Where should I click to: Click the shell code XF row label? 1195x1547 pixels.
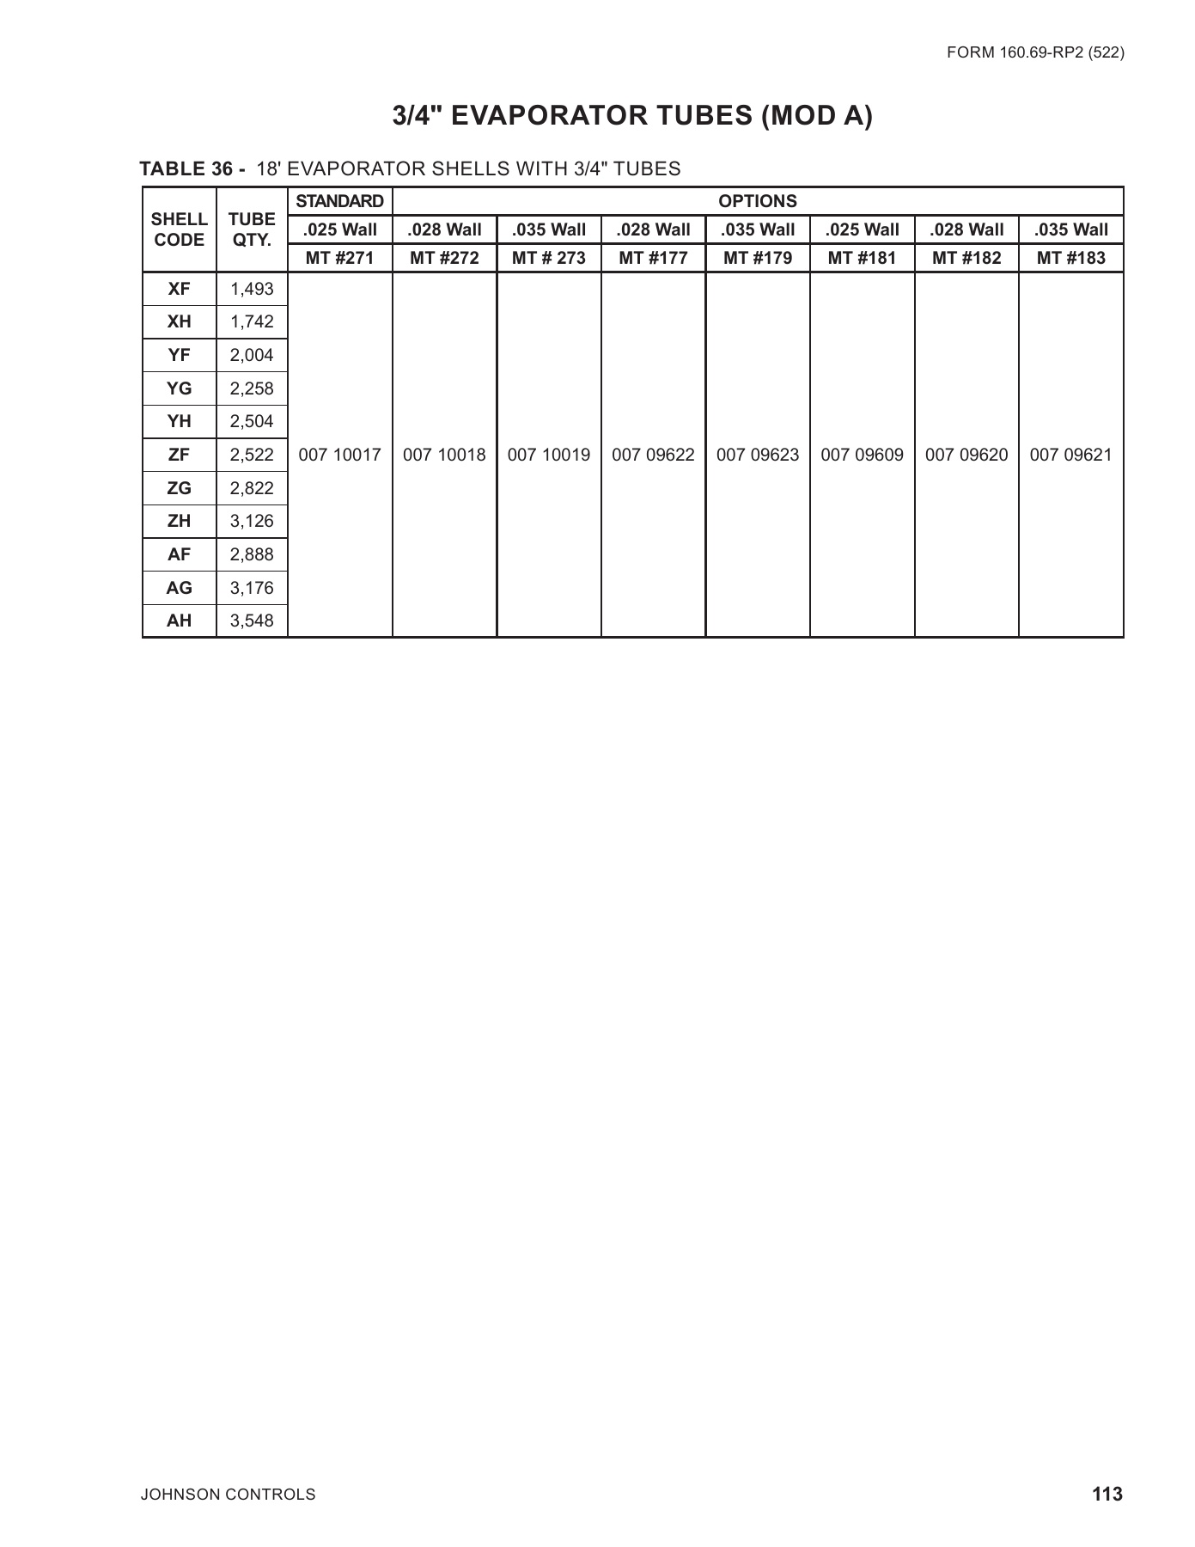[179, 289]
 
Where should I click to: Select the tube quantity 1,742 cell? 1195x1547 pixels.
[252, 322]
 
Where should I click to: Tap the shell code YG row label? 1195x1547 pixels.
[179, 388]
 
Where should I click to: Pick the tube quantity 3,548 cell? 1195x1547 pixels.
[252, 621]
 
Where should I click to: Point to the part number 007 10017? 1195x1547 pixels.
[339, 455]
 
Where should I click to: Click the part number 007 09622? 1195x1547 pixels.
[653, 455]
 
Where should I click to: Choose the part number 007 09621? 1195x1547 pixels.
[1070, 455]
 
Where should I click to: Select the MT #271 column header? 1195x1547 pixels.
[339, 258]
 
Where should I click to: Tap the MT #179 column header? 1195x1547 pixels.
[758, 258]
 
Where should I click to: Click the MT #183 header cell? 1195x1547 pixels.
[1070, 258]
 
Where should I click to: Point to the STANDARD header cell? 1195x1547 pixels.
[339, 201]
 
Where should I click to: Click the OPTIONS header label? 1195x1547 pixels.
[758, 201]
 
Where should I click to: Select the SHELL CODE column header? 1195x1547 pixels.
[179, 229]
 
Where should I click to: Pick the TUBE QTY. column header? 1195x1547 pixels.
[252, 229]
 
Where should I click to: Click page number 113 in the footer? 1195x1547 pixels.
[1107, 1494]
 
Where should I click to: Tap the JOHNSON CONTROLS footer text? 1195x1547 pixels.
[228, 1495]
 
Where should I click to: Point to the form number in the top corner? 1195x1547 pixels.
[1035, 52]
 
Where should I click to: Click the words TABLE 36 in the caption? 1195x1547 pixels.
[186, 169]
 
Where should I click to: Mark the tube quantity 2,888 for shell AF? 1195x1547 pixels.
[252, 554]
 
